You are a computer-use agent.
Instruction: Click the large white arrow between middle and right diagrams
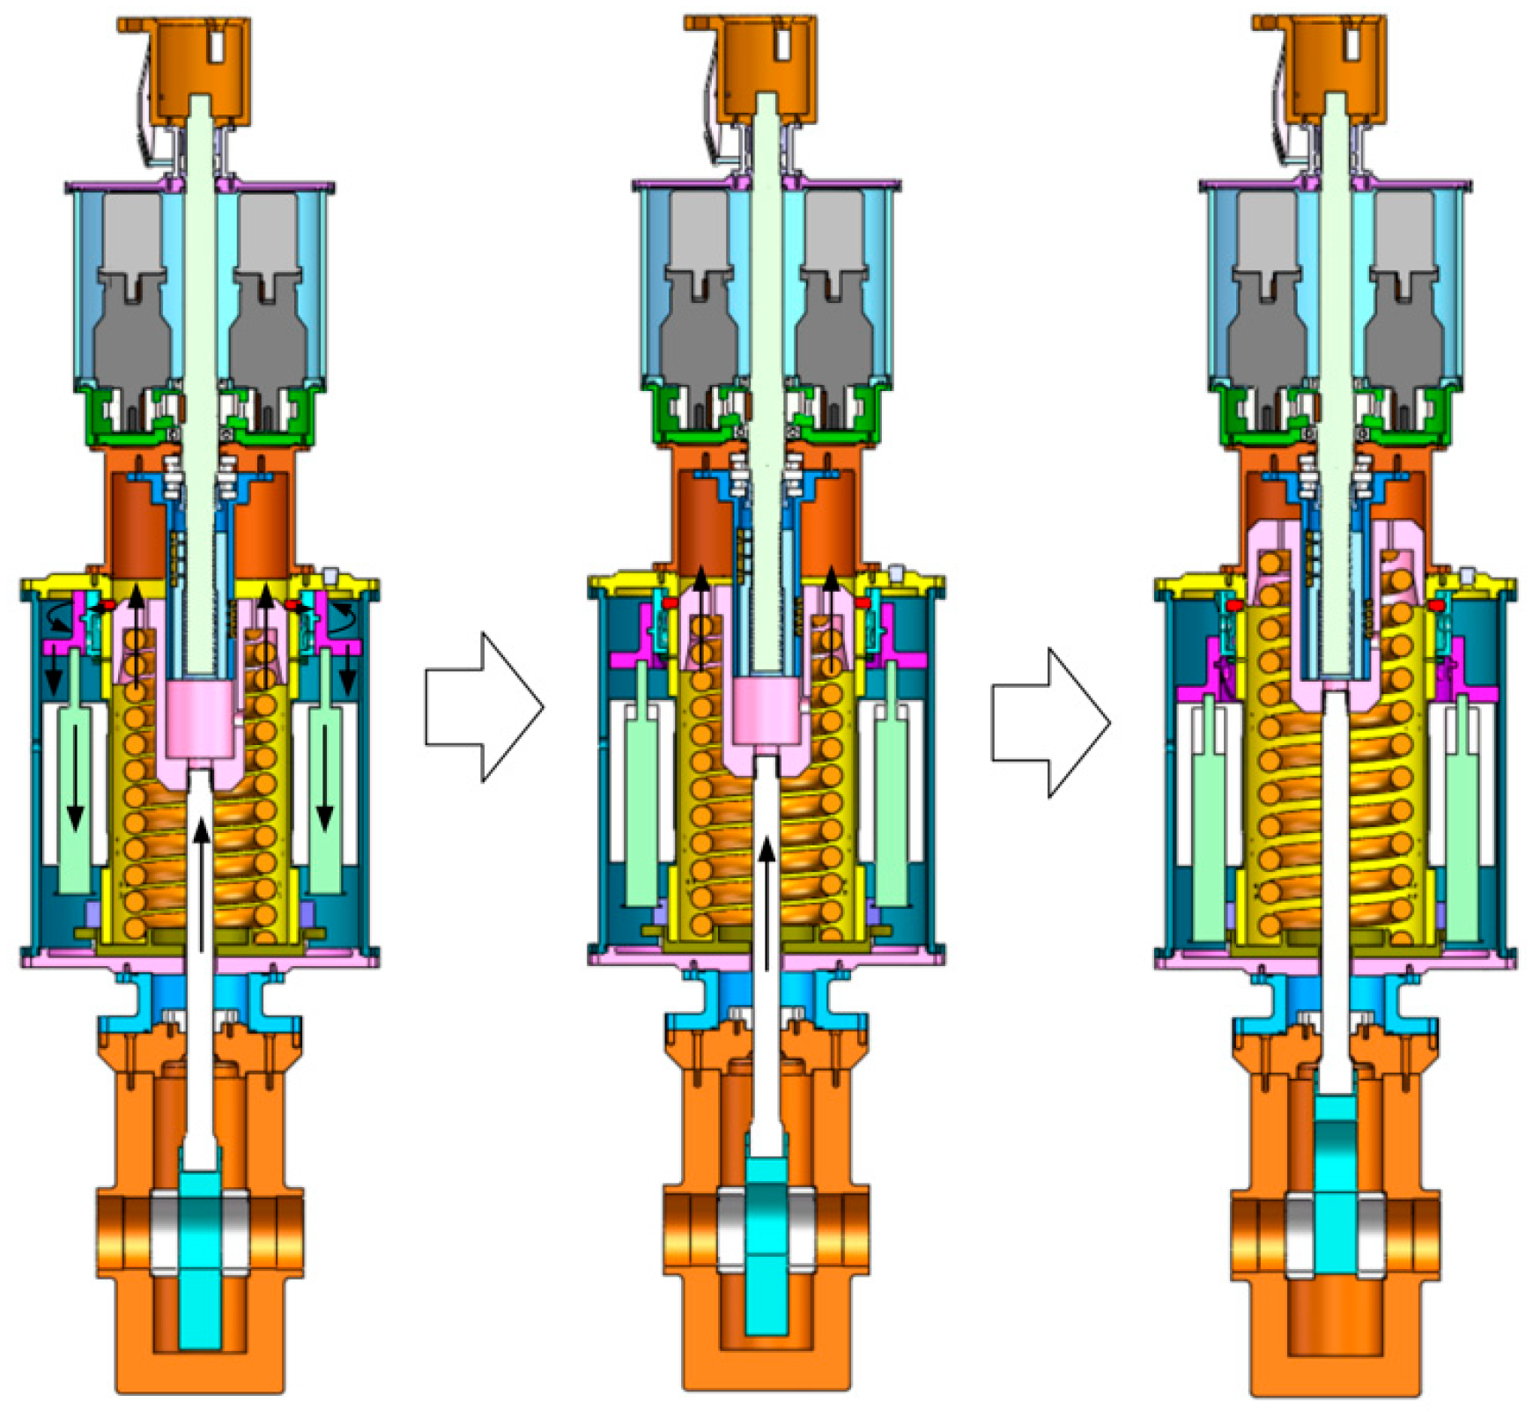click(1049, 722)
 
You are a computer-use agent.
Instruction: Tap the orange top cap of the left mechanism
click(184, 66)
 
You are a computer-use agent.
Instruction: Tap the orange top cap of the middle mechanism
click(751, 66)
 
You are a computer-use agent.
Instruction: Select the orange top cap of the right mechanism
click(1319, 66)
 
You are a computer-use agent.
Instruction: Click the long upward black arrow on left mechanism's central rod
click(202, 881)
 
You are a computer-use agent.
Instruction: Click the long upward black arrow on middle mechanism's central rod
click(767, 898)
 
